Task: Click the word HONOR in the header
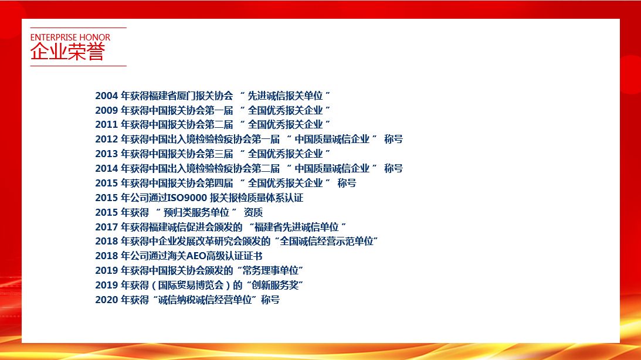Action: point(95,37)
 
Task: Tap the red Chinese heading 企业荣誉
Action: point(67,52)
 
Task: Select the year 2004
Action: point(107,96)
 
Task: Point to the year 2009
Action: point(107,110)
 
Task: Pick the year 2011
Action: point(107,125)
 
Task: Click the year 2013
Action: point(107,154)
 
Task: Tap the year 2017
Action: point(107,227)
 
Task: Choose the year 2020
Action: point(107,300)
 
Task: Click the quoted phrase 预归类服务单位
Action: point(196,212)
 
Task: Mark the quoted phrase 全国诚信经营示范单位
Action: point(327,242)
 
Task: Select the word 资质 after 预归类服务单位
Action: point(253,212)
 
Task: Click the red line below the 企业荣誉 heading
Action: point(79,66)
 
